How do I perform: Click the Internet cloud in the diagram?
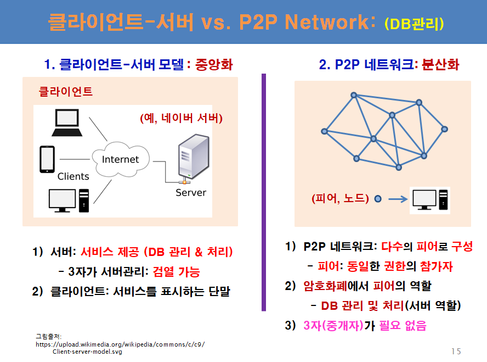tap(121, 159)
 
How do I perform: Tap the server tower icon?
tap(193, 158)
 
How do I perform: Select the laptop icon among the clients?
tap(67, 122)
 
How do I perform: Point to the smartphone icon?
tap(47, 159)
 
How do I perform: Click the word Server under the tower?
tap(191, 193)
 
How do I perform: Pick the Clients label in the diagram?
tap(73, 177)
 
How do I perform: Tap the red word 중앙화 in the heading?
tap(214, 65)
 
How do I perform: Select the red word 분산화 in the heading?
tap(440, 65)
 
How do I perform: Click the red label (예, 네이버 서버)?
tap(182, 118)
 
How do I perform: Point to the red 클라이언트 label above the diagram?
tap(65, 91)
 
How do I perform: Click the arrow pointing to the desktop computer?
tap(398, 199)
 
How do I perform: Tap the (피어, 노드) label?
tap(341, 198)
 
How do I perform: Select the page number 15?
tap(456, 351)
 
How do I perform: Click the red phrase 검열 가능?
tap(177, 272)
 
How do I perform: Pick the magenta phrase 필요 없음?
tap(403, 326)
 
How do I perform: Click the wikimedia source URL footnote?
tap(120, 348)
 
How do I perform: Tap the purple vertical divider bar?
tap(264, 192)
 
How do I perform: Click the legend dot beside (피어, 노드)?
tap(378, 199)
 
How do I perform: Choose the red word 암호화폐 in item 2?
tap(325, 286)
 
